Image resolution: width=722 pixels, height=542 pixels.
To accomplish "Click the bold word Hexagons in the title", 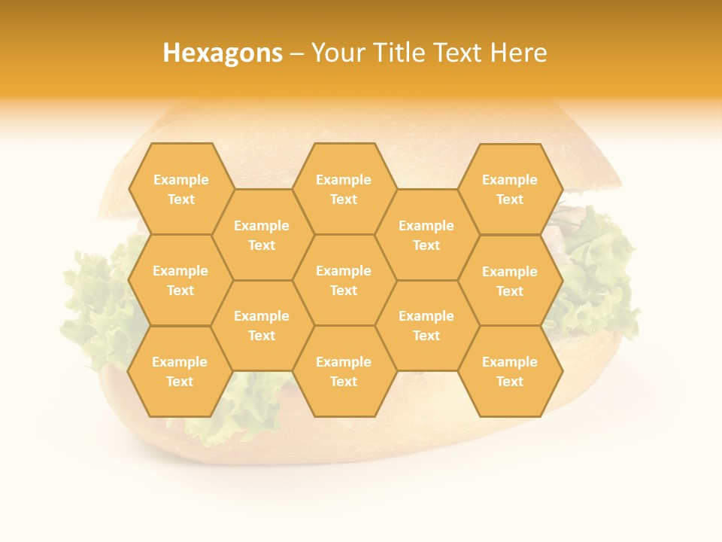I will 223,53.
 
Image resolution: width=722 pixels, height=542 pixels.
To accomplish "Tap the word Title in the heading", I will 403,53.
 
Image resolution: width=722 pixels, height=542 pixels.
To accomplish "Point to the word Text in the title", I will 461,53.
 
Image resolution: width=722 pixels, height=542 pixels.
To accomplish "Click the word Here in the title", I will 518,53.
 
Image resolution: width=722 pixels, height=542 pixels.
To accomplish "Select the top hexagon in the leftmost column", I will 180,189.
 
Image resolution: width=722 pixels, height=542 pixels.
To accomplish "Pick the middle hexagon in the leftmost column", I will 180,280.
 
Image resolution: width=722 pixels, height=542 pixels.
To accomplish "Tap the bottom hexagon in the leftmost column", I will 180,371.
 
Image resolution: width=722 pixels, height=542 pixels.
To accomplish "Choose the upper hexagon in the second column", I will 262,235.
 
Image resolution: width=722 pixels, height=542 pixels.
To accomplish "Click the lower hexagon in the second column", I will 262,325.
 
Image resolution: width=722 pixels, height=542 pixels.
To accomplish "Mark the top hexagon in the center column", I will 344,189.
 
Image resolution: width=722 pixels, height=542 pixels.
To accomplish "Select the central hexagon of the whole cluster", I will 344,280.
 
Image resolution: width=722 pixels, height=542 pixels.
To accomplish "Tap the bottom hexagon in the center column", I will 344,371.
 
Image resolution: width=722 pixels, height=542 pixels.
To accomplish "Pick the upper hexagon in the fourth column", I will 426,235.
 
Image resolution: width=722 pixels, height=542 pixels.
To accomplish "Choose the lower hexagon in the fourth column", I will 426,325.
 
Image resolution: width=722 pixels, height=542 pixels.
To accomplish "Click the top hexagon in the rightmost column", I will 510,189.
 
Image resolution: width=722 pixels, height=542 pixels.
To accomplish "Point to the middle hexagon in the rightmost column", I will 510,281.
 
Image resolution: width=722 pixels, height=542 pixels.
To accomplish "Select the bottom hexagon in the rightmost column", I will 510,371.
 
